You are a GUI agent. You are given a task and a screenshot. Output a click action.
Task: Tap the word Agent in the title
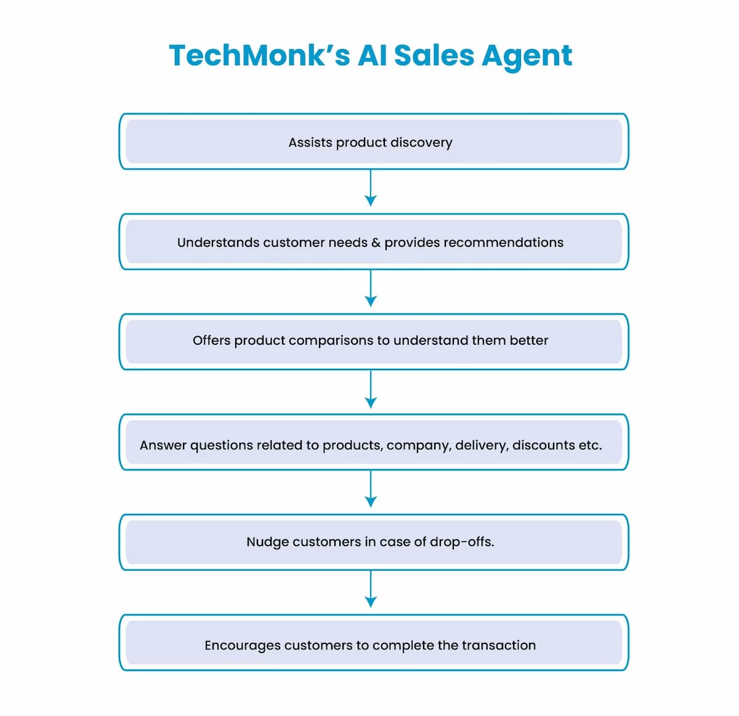[x=527, y=56]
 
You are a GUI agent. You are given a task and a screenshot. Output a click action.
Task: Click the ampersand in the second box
[x=376, y=243]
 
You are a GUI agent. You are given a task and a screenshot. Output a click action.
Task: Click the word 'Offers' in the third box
[x=211, y=340]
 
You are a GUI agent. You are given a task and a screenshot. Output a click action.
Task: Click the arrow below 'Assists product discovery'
[x=371, y=188]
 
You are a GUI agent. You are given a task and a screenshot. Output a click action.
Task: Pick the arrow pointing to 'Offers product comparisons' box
[x=371, y=288]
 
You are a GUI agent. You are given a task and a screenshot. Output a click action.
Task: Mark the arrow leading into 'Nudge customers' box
[x=371, y=489]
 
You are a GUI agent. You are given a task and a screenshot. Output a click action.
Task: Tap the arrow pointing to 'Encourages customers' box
[x=371, y=589]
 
